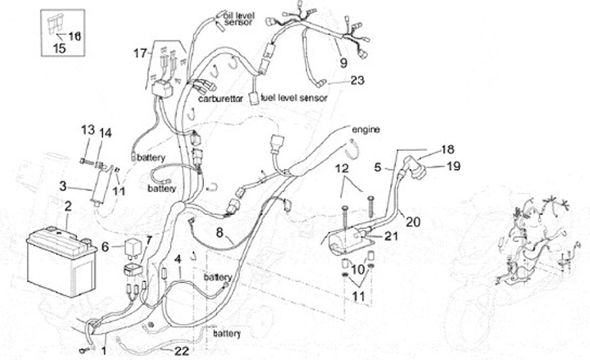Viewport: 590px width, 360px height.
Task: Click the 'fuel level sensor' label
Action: (x=293, y=98)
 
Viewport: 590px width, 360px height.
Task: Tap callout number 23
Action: (x=356, y=80)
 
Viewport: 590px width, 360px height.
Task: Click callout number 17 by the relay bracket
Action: (x=139, y=54)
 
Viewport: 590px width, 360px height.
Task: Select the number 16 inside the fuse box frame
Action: (x=75, y=35)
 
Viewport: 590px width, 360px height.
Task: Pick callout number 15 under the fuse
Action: (x=59, y=48)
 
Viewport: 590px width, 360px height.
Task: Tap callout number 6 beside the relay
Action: (x=105, y=245)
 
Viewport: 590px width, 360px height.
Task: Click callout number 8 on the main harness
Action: (x=220, y=232)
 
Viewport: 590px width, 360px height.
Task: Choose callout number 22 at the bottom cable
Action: (x=181, y=350)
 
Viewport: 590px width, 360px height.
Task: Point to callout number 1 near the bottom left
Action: (x=104, y=351)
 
